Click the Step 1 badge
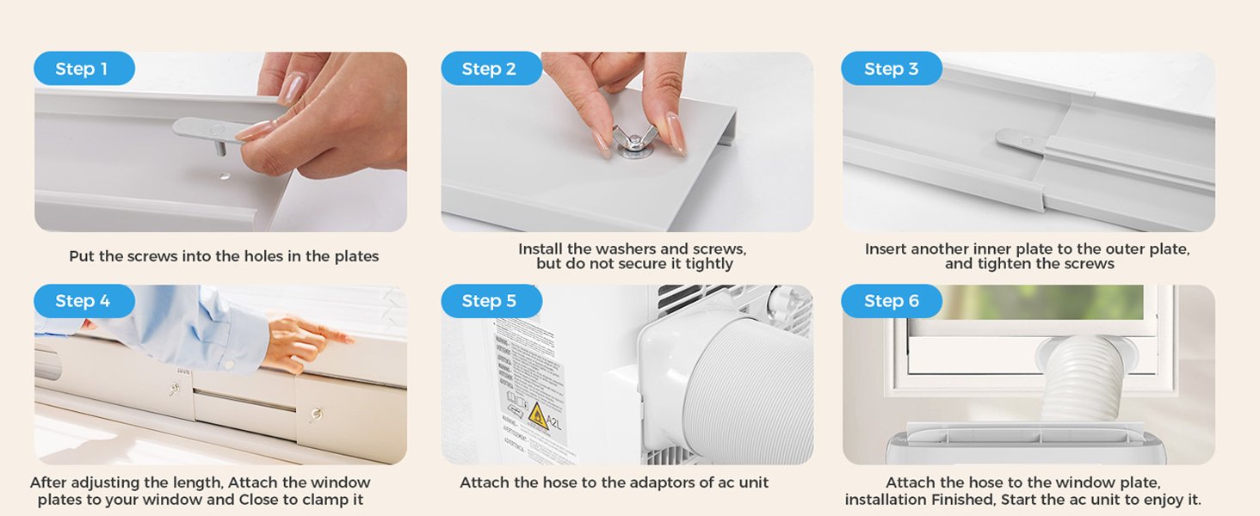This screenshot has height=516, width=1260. [83, 69]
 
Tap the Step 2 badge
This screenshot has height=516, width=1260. [490, 69]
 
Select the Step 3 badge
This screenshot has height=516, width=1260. [891, 69]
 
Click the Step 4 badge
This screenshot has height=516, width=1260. [83, 301]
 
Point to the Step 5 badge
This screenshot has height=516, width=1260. [490, 301]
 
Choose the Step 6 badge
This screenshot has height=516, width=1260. [891, 301]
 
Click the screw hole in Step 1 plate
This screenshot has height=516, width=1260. [225, 175]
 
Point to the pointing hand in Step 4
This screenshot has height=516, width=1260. [301, 340]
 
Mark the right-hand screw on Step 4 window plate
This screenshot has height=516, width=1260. [316, 415]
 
